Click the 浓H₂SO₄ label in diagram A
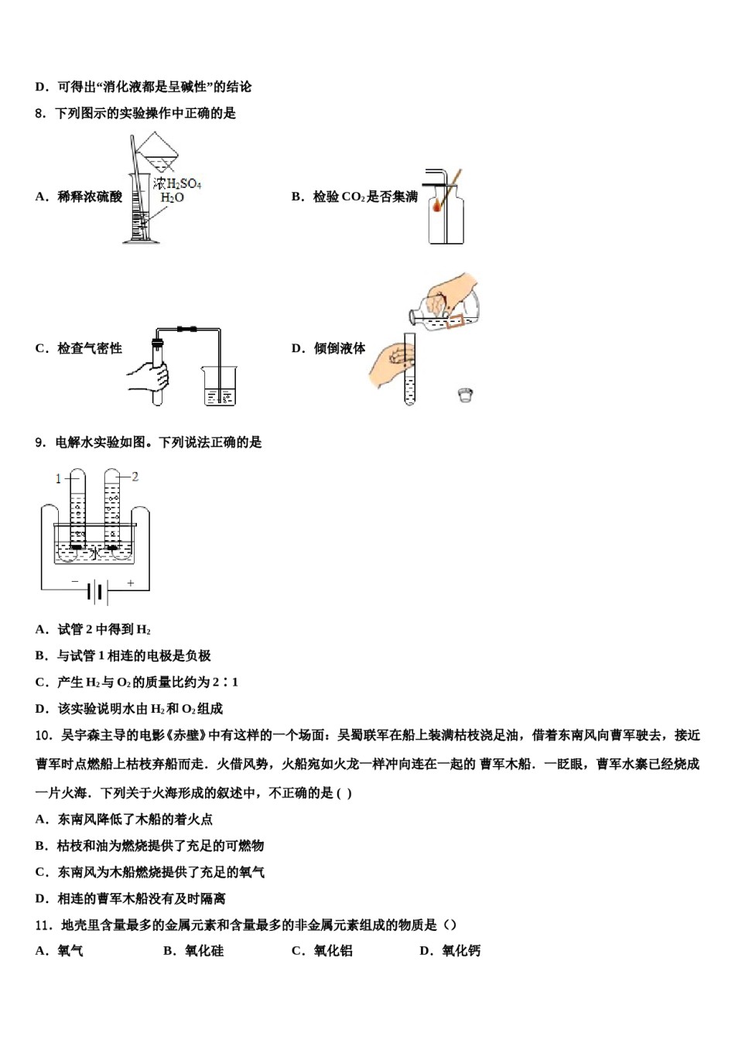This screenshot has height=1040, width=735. [177, 183]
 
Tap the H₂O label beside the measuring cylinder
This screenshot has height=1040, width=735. [172, 198]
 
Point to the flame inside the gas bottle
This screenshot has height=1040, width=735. [438, 206]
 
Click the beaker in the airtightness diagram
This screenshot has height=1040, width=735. [219, 385]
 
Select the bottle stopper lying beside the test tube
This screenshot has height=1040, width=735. [465, 395]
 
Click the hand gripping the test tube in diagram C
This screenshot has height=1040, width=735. [149, 376]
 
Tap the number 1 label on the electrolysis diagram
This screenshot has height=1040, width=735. [58, 479]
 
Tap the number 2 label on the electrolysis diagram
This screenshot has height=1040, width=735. [135, 477]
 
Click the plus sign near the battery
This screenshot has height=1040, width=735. [131, 583]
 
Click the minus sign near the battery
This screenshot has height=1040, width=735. [75, 582]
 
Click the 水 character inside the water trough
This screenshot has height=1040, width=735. [94, 552]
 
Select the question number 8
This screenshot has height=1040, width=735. [40, 114]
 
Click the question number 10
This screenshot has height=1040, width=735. [43, 735]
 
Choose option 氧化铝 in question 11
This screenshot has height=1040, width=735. [333, 951]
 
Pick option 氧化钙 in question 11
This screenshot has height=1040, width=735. [461, 951]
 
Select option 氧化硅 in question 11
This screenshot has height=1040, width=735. [204, 951]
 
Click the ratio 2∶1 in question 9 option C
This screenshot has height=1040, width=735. [226, 682]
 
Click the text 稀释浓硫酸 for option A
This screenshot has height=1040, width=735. [90, 197]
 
